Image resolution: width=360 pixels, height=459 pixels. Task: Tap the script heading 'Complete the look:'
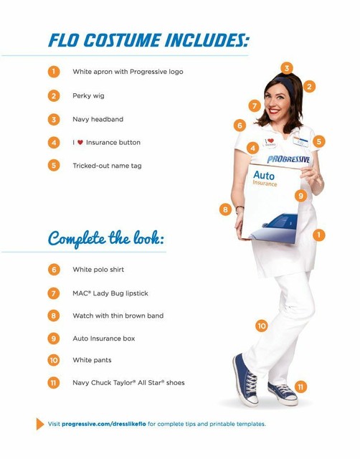(106, 238)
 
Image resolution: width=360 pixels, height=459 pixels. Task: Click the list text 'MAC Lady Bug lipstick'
(110, 293)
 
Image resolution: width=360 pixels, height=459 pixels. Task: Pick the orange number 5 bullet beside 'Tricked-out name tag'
(54, 166)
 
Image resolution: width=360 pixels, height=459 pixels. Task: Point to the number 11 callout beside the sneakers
(300, 387)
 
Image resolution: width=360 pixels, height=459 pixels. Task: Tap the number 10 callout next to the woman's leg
(262, 326)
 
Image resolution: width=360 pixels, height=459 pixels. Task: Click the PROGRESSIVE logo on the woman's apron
(288, 159)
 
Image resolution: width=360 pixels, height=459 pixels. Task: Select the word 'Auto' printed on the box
(263, 174)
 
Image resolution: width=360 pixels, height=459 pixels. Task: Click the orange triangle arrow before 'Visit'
(40, 424)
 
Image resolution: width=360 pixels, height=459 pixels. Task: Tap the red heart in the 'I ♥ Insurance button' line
(80, 143)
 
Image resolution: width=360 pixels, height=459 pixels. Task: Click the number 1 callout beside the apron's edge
(319, 235)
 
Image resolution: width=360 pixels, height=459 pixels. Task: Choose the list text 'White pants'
(92, 360)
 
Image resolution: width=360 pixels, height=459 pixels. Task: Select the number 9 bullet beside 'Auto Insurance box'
(54, 338)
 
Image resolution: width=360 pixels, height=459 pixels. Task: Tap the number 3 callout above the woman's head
(287, 68)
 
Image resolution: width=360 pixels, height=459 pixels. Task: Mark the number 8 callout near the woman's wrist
(225, 209)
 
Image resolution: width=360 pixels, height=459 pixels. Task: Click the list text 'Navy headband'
(98, 119)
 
